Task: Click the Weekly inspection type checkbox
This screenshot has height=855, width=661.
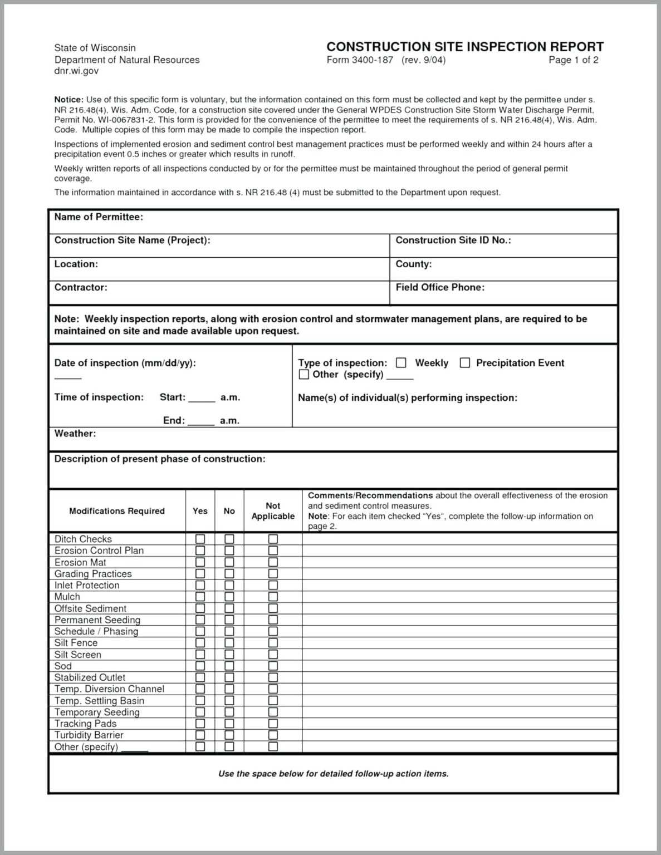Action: [x=401, y=363]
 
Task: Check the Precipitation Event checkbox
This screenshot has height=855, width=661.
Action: [x=465, y=363]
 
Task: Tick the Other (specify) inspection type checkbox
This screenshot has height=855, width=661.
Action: [x=304, y=375]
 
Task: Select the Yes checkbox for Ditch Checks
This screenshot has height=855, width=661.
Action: [x=200, y=539]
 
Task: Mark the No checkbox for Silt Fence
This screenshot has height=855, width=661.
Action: [x=229, y=643]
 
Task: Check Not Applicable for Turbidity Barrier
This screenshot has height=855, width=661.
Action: [x=273, y=735]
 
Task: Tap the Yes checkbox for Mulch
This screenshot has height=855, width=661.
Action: [x=200, y=597]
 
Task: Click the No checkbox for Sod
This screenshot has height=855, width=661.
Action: [x=229, y=666]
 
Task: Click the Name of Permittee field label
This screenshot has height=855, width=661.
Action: [x=99, y=217]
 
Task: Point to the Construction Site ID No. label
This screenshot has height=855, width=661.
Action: [x=453, y=240]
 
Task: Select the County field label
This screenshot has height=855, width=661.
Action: [x=413, y=264]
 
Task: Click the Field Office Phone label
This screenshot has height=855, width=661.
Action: [x=440, y=287]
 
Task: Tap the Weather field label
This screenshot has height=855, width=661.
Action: [x=75, y=434]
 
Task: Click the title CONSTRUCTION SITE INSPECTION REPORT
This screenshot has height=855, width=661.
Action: [x=465, y=47]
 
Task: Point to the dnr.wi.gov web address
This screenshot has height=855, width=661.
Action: [x=76, y=71]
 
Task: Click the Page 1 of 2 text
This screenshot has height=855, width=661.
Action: [x=573, y=60]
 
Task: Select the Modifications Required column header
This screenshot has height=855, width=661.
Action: [x=117, y=511]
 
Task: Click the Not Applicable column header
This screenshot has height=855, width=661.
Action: [x=273, y=511]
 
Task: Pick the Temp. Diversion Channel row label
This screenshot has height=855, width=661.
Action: [x=109, y=689]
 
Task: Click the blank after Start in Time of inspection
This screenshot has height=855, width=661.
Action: [x=202, y=399]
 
